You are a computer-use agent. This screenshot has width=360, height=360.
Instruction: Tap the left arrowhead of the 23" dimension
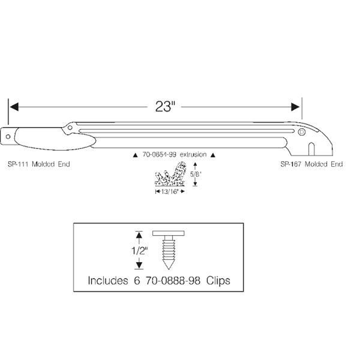pyautogui.click(x=14, y=107)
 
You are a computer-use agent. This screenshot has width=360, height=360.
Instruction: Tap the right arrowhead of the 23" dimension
pyautogui.click(x=296, y=107)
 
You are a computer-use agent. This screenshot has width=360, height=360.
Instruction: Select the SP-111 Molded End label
pyautogui.click(x=39, y=164)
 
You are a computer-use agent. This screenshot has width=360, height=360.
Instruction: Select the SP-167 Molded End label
pyautogui.click(x=312, y=164)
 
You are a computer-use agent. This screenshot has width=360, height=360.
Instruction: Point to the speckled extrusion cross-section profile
pyautogui.click(x=171, y=176)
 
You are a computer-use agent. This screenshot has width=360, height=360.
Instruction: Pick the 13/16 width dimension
pyautogui.click(x=170, y=192)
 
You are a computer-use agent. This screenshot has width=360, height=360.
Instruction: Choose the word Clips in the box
pyautogui.click(x=218, y=281)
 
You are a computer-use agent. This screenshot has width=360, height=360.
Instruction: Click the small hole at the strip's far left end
pyautogui.click(x=8, y=136)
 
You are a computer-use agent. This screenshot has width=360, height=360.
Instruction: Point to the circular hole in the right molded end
pyautogui.click(x=302, y=132)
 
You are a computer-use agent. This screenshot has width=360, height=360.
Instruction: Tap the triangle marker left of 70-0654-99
pyautogui.click(x=135, y=156)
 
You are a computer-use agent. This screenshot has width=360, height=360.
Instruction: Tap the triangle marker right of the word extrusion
pyautogui.click(x=213, y=156)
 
